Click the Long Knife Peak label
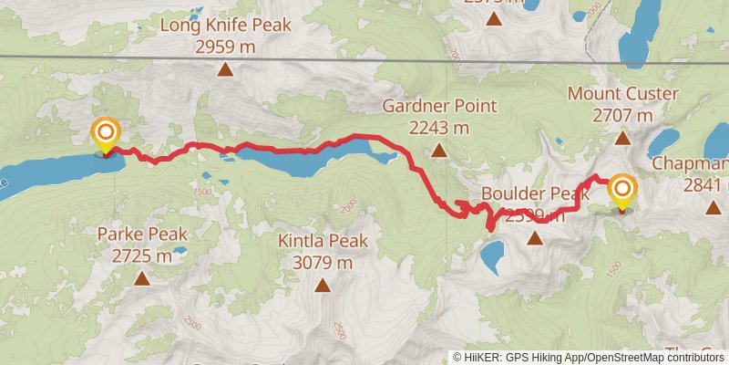(x=225, y=25)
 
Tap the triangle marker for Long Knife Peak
(x=225, y=68)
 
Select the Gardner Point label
(x=438, y=106)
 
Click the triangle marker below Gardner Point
(x=438, y=151)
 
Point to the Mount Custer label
(x=622, y=94)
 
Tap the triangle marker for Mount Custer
(x=622, y=139)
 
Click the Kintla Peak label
(x=323, y=241)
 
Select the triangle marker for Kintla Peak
(x=323, y=286)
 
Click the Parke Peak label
(x=141, y=234)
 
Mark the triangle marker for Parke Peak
(x=141, y=277)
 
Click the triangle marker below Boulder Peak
(x=535, y=239)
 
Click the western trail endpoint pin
(x=106, y=136)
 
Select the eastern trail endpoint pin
(x=622, y=191)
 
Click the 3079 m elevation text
(x=323, y=263)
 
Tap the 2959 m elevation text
(x=225, y=46)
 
